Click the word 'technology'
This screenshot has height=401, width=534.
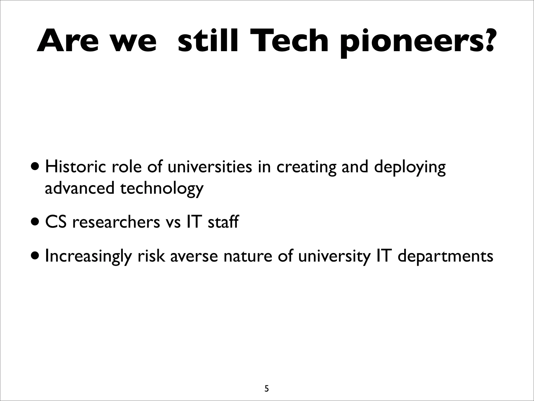162,188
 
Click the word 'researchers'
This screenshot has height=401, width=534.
116,222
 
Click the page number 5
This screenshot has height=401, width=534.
266,381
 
